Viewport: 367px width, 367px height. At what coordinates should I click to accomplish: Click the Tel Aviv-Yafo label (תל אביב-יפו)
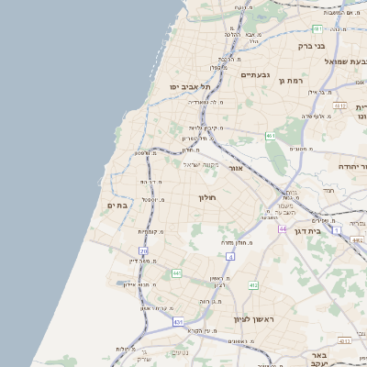pyautogui.click(x=190, y=86)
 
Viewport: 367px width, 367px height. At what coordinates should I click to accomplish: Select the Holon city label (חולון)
pyautogui.click(x=206, y=197)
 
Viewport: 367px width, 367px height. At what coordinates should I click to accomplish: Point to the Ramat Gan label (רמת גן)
pyautogui.click(x=290, y=82)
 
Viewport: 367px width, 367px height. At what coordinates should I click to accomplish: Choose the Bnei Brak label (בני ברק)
pyautogui.click(x=312, y=45)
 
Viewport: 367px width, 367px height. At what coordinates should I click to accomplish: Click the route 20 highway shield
pyautogui.click(x=143, y=251)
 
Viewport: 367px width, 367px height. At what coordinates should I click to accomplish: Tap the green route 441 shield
pyautogui.click(x=176, y=273)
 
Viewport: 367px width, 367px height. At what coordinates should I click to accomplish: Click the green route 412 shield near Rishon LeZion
pyautogui.click(x=253, y=285)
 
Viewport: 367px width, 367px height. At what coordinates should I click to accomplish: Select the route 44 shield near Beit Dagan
pyautogui.click(x=284, y=228)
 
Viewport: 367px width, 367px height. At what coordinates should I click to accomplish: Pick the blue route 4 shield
pyautogui.click(x=231, y=258)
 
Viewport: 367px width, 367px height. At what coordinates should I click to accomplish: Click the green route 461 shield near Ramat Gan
pyautogui.click(x=271, y=136)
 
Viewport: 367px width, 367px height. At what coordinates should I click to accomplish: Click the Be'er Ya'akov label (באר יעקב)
pyautogui.click(x=319, y=359)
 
